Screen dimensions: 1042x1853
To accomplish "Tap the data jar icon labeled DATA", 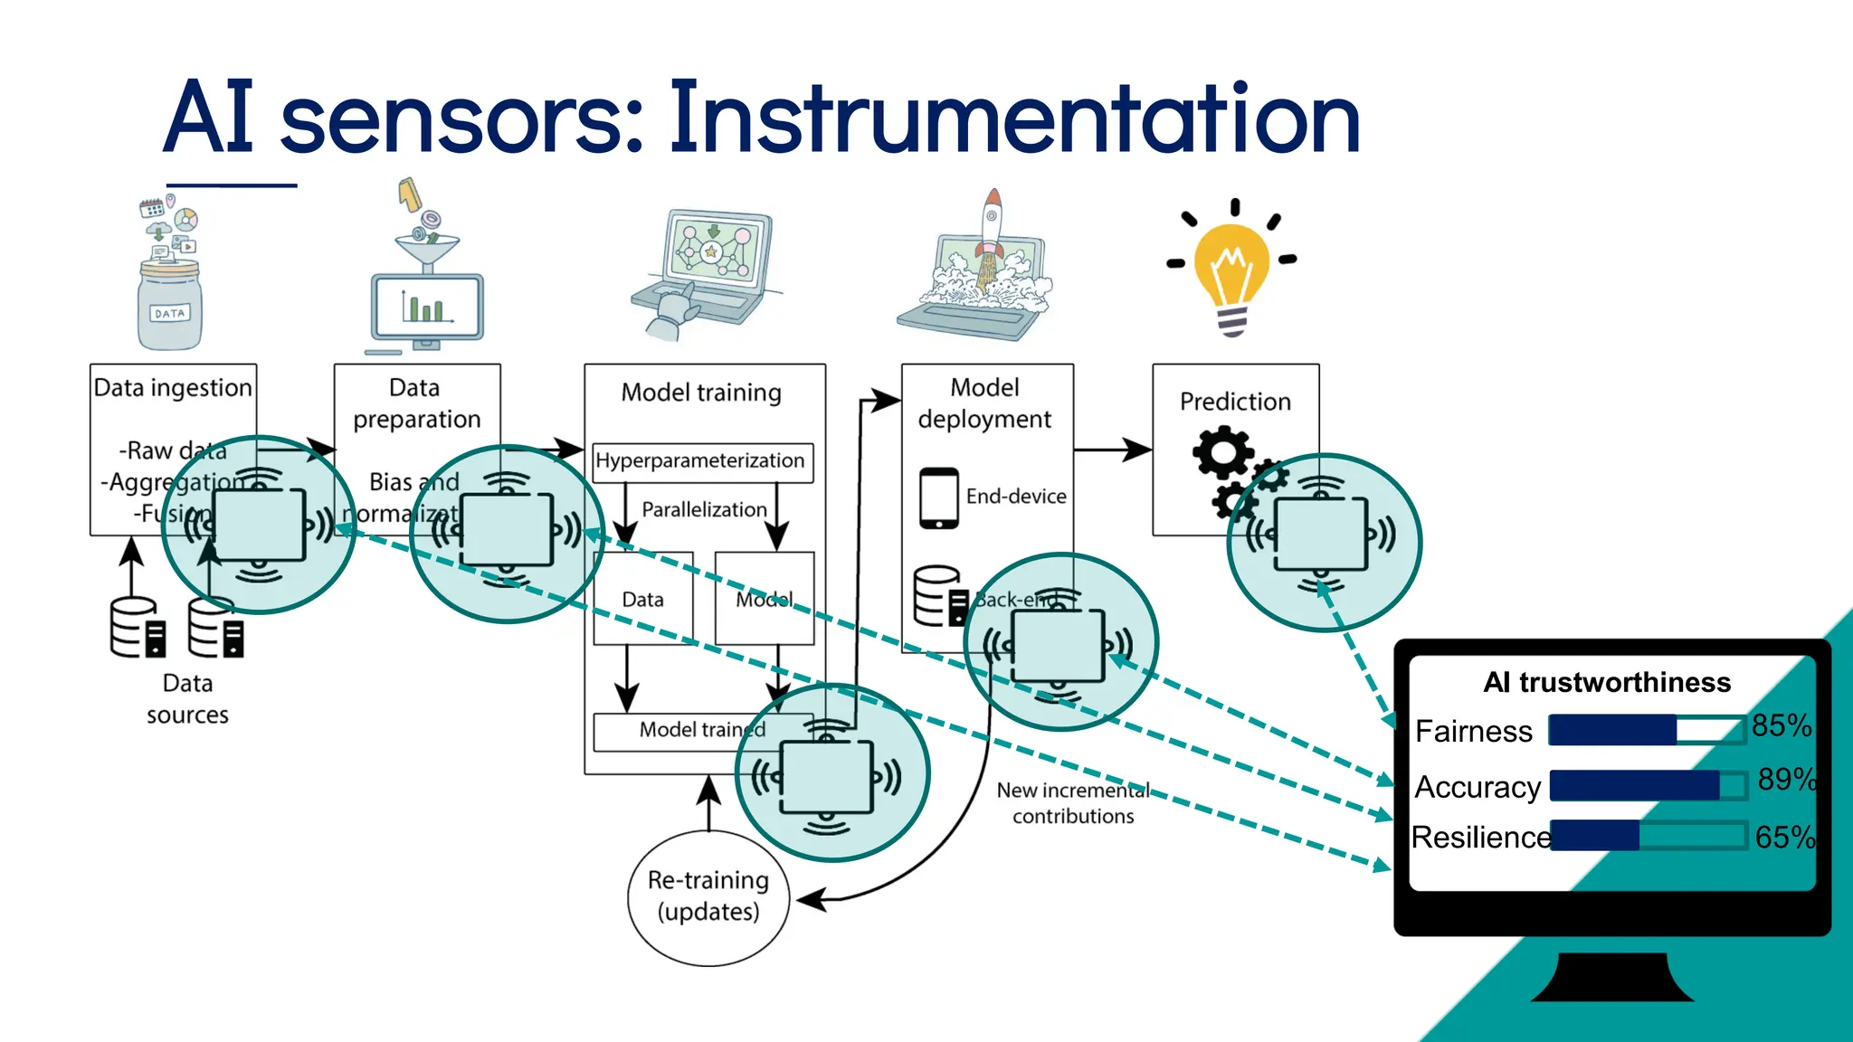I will point(169,303).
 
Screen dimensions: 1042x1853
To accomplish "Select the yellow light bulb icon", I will point(1231,267).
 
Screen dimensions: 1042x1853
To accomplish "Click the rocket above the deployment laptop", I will point(992,222).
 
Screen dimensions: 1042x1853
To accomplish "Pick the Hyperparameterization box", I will point(702,461).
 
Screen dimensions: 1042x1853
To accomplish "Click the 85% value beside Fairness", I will point(1780,725).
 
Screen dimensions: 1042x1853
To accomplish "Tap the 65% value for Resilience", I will point(1783,838).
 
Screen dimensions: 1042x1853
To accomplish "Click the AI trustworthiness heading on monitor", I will point(1607,682).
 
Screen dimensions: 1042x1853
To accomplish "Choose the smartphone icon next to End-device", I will point(938,497).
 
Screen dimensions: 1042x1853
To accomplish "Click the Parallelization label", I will point(704,510).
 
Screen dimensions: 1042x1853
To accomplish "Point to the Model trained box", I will point(688,731).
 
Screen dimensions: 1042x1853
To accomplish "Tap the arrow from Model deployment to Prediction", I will point(1113,450).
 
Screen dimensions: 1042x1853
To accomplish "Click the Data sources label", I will point(187,699).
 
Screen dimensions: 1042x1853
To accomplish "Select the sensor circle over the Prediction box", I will point(1324,541).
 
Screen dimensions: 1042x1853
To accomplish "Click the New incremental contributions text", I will point(1073,803).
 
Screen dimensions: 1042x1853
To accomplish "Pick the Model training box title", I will point(701,393).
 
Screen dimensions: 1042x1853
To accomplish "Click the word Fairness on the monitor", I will point(1473,731).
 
